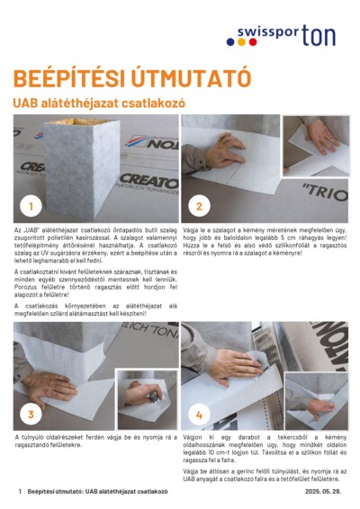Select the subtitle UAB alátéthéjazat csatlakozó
(98, 103)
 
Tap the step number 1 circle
(31, 206)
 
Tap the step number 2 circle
(199, 206)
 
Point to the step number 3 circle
(31, 414)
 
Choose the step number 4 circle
(199, 414)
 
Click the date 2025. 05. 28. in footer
(322, 493)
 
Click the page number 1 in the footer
(20, 493)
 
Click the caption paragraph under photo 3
(89, 441)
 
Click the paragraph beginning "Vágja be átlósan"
(264, 475)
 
